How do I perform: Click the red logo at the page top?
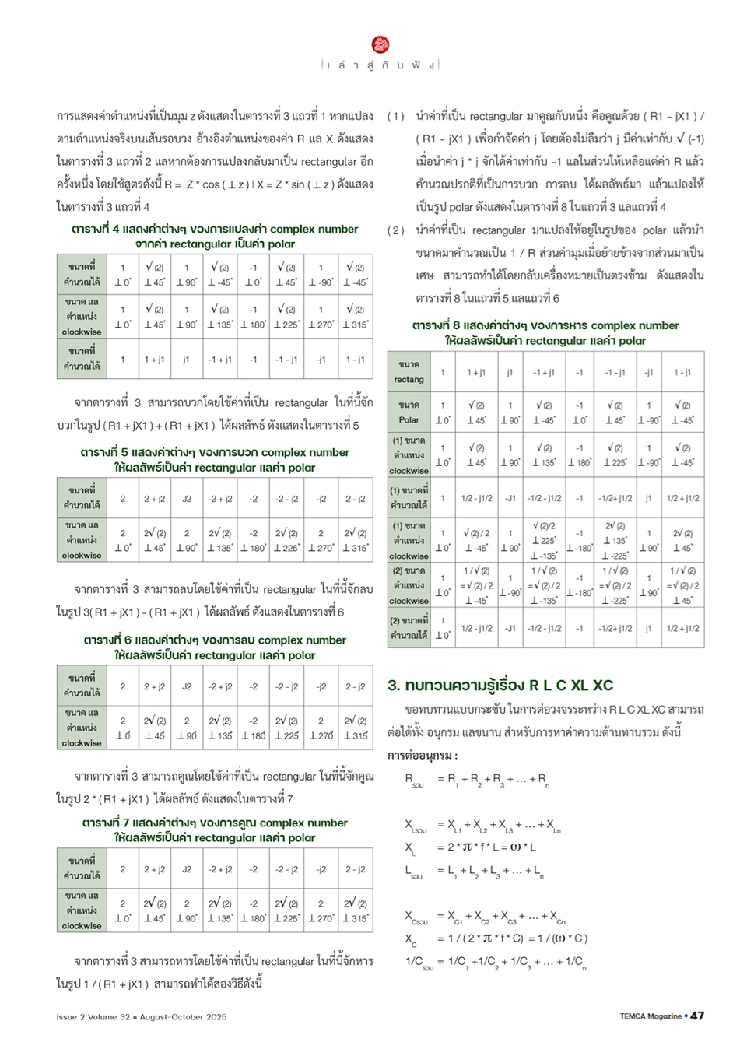(381, 44)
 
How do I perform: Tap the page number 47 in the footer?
(697, 1016)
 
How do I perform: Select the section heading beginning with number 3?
(500, 686)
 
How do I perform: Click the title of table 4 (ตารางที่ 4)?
(215, 237)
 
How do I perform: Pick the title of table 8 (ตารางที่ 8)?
(545, 333)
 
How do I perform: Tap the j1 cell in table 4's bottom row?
(187, 360)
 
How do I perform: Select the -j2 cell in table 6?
(321, 686)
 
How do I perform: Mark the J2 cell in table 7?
(187, 869)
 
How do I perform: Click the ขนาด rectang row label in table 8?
(409, 372)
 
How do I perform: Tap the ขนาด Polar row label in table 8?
(409, 412)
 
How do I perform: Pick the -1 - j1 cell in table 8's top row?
(615, 372)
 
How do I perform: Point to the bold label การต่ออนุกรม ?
(423, 756)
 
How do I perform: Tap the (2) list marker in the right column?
(396, 230)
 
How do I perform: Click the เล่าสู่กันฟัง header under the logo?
(381, 65)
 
